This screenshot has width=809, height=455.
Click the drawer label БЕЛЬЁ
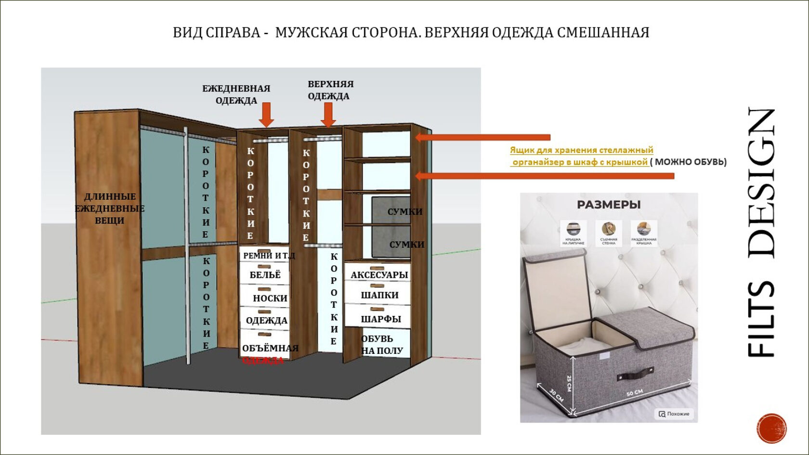click(x=265, y=275)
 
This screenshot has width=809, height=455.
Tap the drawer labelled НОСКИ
click(x=270, y=299)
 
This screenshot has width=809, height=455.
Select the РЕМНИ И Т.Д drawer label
click(x=269, y=256)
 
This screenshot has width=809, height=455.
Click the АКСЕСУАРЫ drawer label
click(x=379, y=275)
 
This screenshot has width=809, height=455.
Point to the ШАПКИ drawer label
click(x=379, y=295)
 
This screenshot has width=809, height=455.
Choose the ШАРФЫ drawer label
click(x=380, y=319)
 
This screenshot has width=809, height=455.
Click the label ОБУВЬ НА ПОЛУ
click(x=382, y=345)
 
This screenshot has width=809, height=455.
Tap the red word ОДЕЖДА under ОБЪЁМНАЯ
click(x=263, y=360)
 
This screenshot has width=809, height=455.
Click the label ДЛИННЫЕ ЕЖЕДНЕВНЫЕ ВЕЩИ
click(x=109, y=208)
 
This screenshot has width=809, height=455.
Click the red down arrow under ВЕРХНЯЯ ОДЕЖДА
click(x=328, y=116)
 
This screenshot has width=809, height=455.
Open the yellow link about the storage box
click(x=581, y=156)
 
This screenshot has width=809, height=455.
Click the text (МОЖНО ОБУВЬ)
click(x=689, y=162)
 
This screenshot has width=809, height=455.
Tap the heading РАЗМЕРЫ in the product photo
click(x=609, y=205)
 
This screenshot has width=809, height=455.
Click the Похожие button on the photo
click(x=674, y=414)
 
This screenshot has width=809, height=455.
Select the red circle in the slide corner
click(x=771, y=428)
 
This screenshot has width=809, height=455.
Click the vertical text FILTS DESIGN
click(x=762, y=233)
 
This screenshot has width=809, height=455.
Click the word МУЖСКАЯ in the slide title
click(x=311, y=33)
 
